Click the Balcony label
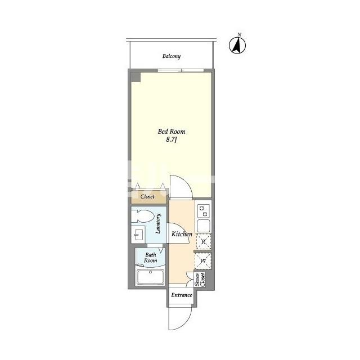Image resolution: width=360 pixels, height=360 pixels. click(171, 56)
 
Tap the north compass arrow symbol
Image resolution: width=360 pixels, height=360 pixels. click(237, 45)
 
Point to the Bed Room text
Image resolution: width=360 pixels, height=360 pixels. click(171, 132)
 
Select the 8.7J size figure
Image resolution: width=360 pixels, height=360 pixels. click(171, 139)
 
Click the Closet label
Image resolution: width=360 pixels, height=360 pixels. click(147, 196)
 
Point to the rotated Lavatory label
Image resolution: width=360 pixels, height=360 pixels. click(158, 224)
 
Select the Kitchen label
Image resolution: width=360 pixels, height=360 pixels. click(182, 234)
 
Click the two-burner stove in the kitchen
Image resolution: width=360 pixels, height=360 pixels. click(203, 211)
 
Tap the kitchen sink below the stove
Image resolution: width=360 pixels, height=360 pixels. click(204, 226)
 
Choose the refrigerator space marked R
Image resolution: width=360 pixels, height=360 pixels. click(204, 241)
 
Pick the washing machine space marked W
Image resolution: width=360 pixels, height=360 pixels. click(203, 261)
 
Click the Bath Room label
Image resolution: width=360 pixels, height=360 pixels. click(150, 258)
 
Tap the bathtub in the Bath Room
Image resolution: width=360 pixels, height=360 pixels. click(150, 277)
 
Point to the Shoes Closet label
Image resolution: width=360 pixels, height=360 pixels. click(200, 280)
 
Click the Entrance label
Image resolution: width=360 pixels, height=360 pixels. click(182, 295)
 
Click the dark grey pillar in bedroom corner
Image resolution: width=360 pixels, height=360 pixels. click(136, 77)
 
